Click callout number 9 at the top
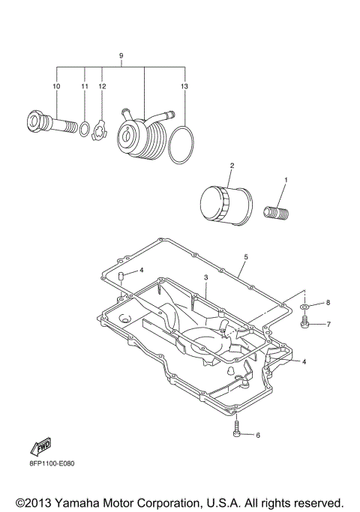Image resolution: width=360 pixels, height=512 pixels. click(x=121, y=56)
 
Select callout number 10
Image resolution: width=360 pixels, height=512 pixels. click(x=55, y=87)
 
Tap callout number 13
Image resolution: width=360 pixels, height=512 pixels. click(x=184, y=87)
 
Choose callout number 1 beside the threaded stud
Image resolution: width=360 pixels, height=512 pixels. click(x=284, y=181)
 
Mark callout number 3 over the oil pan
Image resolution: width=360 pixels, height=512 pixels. click(x=205, y=277)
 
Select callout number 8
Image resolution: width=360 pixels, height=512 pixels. click(x=327, y=303)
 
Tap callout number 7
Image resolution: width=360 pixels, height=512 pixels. click(x=327, y=325)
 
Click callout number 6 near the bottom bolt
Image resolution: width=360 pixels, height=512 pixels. click(x=257, y=435)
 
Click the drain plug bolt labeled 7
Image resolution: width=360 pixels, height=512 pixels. click(x=305, y=322)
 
